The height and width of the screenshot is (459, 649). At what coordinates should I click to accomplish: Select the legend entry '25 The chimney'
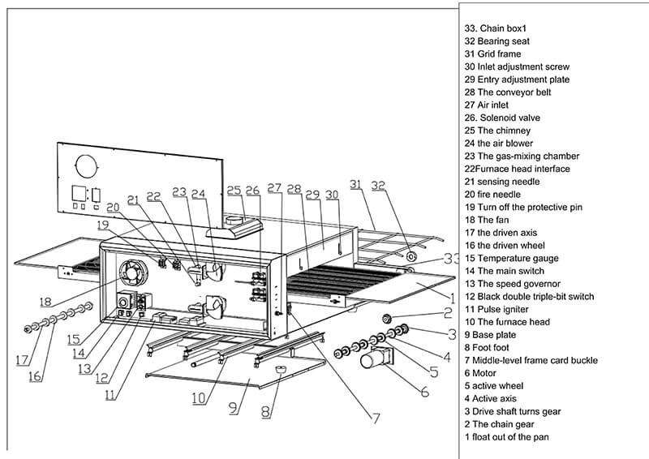click(497, 131)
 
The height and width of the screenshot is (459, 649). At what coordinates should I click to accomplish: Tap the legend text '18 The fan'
click(487, 220)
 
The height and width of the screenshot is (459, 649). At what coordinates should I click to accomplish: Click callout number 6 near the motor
click(423, 391)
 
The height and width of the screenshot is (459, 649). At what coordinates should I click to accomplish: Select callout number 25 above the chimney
click(234, 191)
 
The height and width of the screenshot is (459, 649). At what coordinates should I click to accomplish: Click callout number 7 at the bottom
click(376, 419)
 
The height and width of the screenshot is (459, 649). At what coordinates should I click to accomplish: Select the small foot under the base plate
click(282, 369)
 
